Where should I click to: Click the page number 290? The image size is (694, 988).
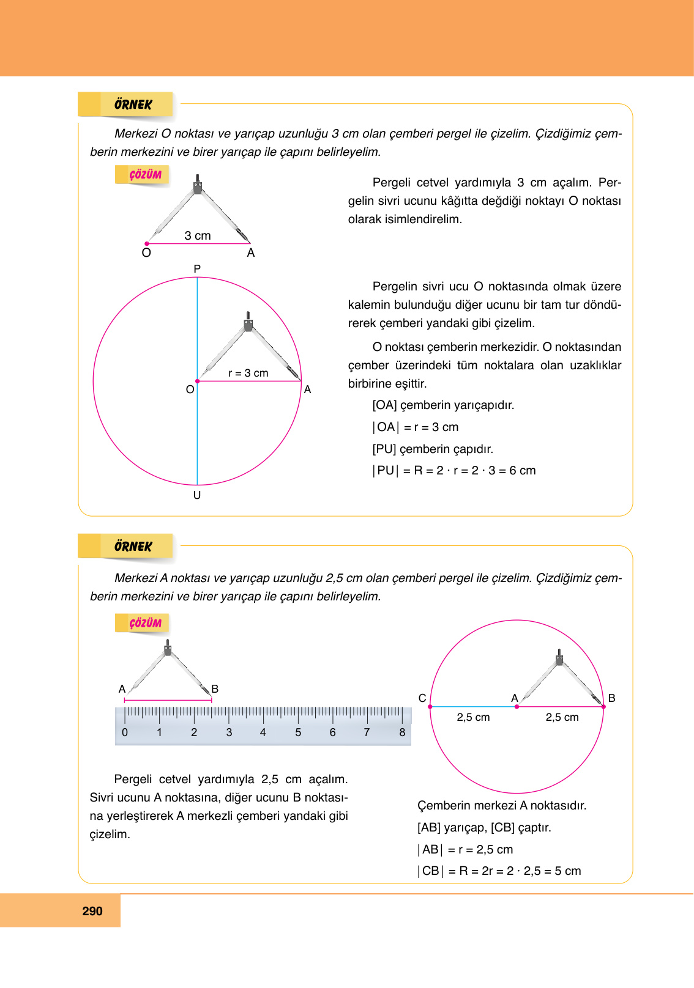[x=92, y=911]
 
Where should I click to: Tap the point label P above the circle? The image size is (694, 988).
[x=197, y=269]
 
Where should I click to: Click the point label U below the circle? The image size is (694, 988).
[x=197, y=495]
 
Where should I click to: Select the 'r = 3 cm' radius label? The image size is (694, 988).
[x=248, y=373]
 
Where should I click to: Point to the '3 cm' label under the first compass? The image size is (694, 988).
[x=198, y=235]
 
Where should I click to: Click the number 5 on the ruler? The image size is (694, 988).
[x=298, y=732]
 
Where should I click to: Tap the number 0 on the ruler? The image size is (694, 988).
[x=125, y=732]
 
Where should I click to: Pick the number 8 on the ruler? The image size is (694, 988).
[x=402, y=732]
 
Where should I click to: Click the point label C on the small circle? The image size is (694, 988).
[x=422, y=698]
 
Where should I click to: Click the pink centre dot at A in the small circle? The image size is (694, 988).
[x=517, y=707]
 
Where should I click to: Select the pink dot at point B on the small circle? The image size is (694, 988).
[x=603, y=707]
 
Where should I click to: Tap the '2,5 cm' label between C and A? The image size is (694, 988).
[x=473, y=717]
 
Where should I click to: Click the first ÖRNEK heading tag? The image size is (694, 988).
[x=133, y=105]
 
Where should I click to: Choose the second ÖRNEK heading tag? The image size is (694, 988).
[x=133, y=547]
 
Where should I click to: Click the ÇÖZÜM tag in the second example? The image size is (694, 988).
[x=144, y=623]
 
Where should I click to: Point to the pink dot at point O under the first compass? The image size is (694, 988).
[x=147, y=243]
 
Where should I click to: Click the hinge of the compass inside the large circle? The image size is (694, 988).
[x=248, y=323]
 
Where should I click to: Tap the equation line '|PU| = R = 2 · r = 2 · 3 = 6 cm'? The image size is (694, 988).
[x=453, y=471]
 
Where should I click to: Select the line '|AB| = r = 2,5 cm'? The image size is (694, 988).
[x=465, y=849]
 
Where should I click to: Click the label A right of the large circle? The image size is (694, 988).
[x=307, y=389]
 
